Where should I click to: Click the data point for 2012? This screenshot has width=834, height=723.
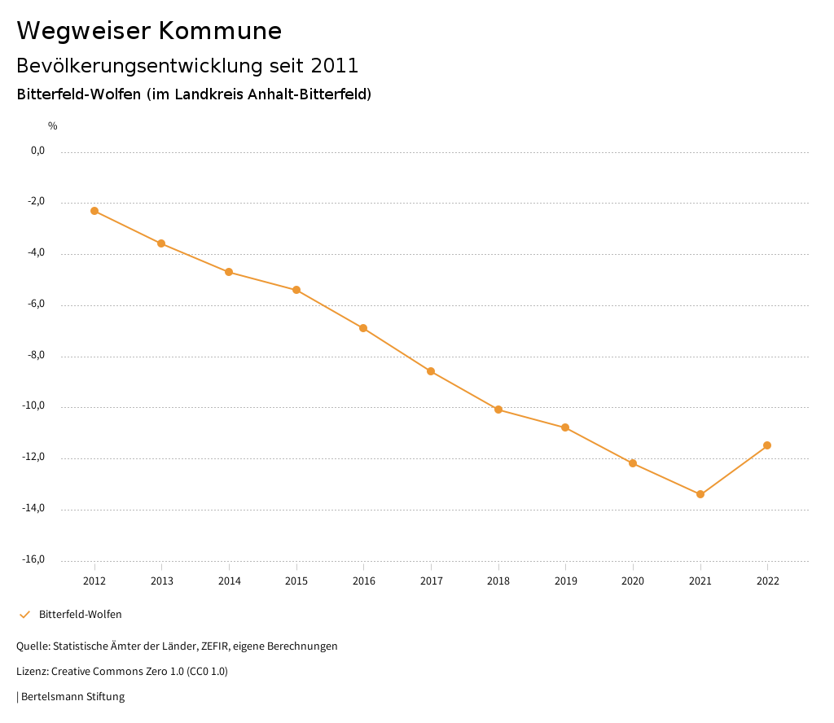pyautogui.click(x=94, y=211)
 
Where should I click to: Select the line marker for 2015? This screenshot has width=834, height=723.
pyautogui.click(x=296, y=290)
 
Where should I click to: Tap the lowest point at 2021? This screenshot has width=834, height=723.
pyautogui.click(x=700, y=494)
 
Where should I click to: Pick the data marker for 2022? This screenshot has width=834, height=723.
pyautogui.click(x=767, y=445)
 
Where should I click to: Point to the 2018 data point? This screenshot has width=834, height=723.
pyautogui.click(x=498, y=410)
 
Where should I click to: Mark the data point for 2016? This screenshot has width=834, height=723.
pyautogui.click(x=363, y=328)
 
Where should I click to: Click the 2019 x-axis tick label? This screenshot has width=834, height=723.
pyautogui.click(x=565, y=581)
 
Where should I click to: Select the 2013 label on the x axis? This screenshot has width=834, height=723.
pyautogui.click(x=162, y=581)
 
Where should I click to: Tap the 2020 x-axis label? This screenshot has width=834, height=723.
pyautogui.click(x=633, y=581)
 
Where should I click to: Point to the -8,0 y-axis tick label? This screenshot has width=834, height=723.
pyautogui.click(x=37, y=355)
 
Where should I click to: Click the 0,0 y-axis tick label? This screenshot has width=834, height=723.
pyautogui.click(x=37, y=151)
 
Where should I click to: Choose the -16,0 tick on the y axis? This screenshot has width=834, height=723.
pyautogui.click(x=34, y=559)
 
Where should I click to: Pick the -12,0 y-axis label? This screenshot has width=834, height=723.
pyautogui.click(x=34, y=457)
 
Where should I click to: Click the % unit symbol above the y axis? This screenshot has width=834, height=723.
pyautogui.click(x=53, y=126)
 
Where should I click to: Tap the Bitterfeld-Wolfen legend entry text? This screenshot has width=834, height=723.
pyautogui.click(x=81, y=614)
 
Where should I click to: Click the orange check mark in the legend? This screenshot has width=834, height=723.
pyautogui.click(x=24, y=614)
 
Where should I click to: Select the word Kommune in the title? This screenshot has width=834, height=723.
pyautogui.click(x=220, y=31)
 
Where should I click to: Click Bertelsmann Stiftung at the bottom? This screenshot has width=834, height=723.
pyautogui.click(x=72, y=697)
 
